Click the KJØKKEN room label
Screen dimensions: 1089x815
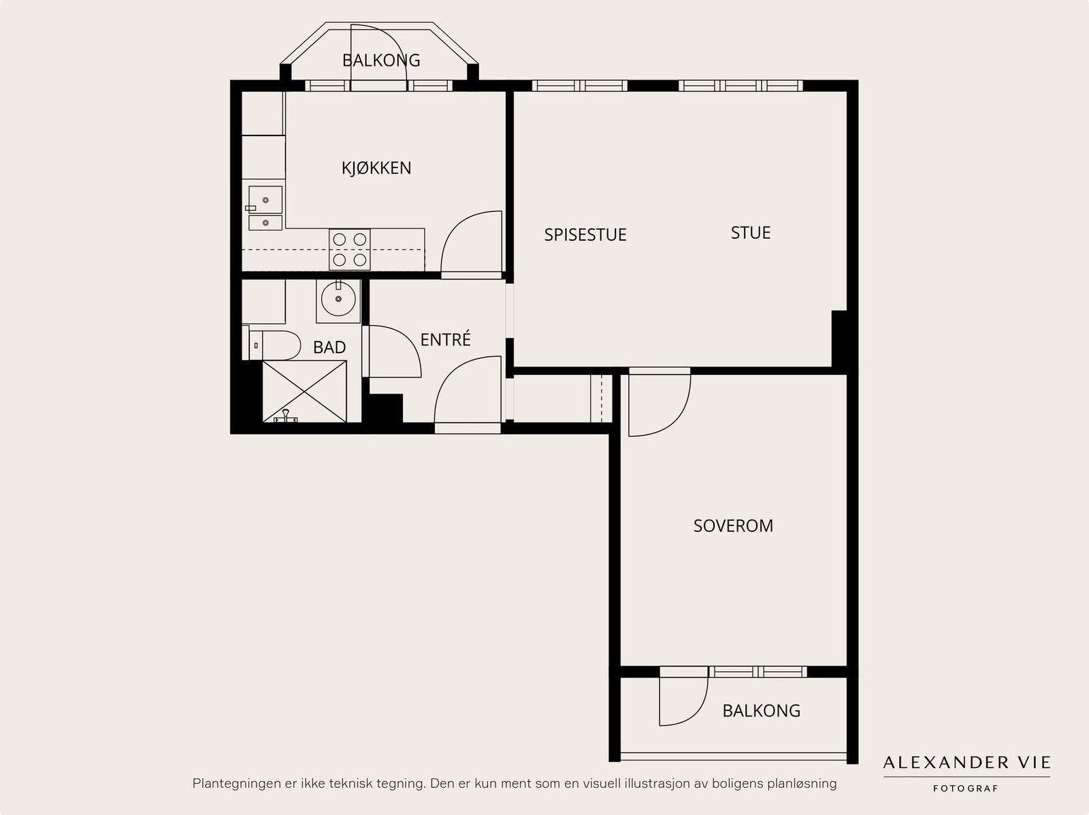coord(376,168)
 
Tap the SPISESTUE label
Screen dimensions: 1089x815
coord(585,235)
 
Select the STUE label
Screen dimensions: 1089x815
coord(751,233)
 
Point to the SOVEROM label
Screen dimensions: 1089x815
coord(733,525)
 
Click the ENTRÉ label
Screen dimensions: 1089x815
coord(446,339)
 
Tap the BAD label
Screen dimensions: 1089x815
coord(329,347)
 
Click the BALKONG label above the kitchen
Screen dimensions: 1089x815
coord(381,61)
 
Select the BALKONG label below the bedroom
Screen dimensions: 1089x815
coord(761,711)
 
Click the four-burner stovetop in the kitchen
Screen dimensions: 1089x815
coord(350,250)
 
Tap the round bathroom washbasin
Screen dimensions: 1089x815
coord(338,299)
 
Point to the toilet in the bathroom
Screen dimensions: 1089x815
coord(272,344)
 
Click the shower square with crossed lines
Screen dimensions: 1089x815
coord(304,391)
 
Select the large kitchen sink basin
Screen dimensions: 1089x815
coord(265,200)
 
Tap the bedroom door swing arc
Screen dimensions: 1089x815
coord(677,420)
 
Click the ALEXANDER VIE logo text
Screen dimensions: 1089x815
coord(967,763)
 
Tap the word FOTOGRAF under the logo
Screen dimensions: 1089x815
coord(965,788)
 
